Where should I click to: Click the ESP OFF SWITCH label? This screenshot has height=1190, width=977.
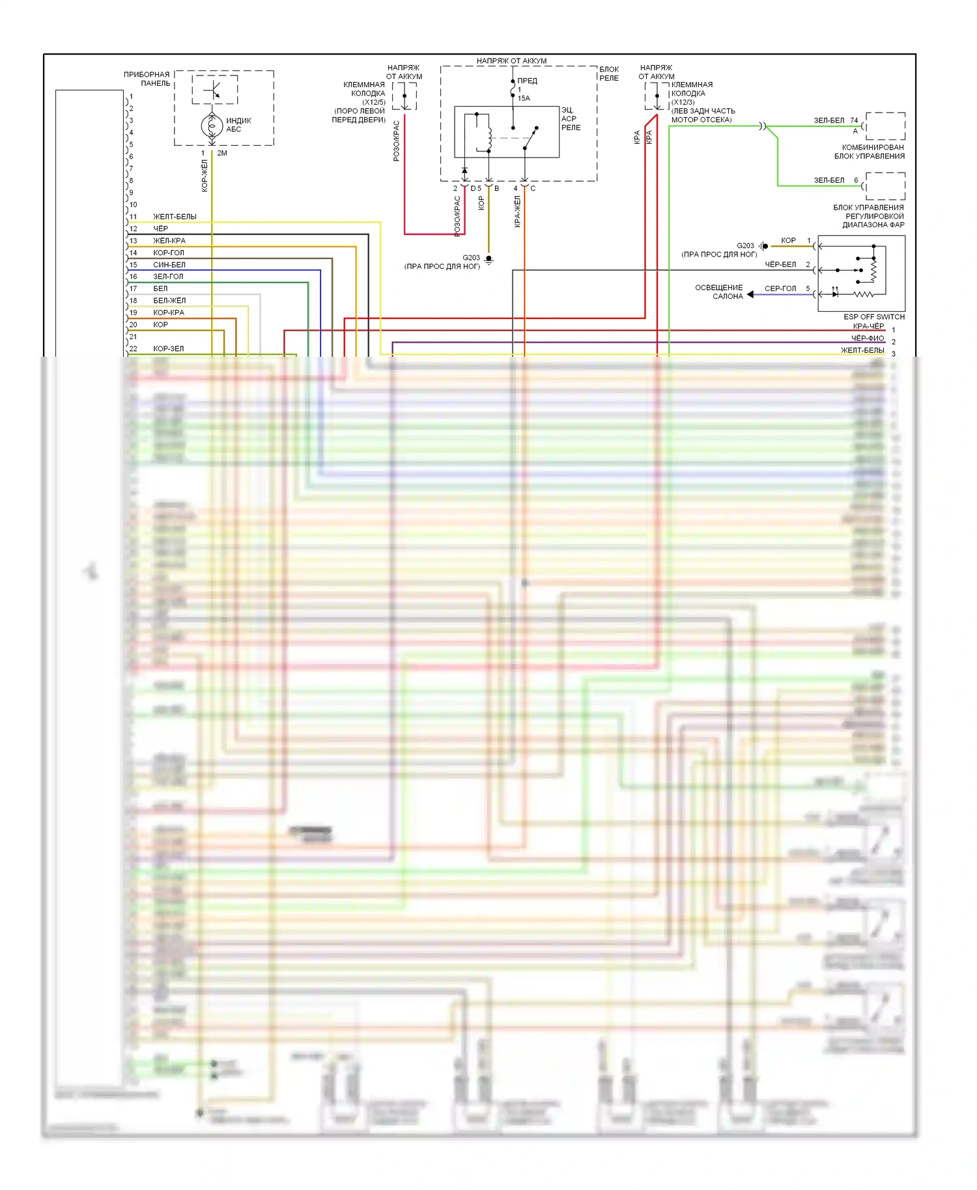pyautogui.click(x=873, y=317)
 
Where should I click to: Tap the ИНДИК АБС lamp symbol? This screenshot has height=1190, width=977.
pyautogui.click(x=212, y=125)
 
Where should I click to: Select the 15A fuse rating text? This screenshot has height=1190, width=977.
pyautogui.click(x=524, y=98)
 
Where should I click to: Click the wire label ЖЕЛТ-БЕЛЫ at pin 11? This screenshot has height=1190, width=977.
pyautogui.click(x=175, y=217)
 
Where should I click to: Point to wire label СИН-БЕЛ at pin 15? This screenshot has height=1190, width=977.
pyautogui.click(x=169, y=265)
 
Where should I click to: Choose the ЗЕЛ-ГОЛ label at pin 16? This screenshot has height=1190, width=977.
pyautogui.click(x=168, y=277)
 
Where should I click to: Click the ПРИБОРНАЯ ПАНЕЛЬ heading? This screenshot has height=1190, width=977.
pyautogui.click(x=147, y=79)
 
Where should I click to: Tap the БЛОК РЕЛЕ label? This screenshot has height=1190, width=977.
pyautogui.click(x=609, y=74)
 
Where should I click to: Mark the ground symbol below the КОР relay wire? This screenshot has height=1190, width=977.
pyautogui.click(x=489, y=260)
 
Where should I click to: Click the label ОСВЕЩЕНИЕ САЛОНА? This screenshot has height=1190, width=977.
pyautogui.click(x=718, y=292)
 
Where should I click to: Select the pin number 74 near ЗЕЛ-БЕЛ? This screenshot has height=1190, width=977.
pyautogui.click(x=854, y=120)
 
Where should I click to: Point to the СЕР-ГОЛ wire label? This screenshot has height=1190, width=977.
pyautogui.click(x=780, y=288)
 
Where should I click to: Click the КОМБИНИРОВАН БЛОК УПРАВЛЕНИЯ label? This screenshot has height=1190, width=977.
pyautogui.click(x=870, y=152)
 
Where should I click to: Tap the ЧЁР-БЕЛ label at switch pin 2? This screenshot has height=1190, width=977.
pyautogui.click(x=780, y=264)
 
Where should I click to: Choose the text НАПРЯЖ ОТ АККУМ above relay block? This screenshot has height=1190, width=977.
pyautogui.click(x=511, y=61)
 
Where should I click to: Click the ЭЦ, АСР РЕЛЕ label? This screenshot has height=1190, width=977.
pyautogui.click(x=570, y=118)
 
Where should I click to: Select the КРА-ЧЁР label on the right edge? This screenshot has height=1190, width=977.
pyautogui.click(x=868, y=326)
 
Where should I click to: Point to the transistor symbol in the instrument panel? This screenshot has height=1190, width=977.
pyautogui.click(x=214, y=90)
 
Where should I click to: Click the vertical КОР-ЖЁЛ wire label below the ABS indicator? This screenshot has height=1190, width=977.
pyautogui.click(x=205, y=176)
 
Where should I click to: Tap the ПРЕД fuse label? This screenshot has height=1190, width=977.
pyautogui.click(x=527, y=81)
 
